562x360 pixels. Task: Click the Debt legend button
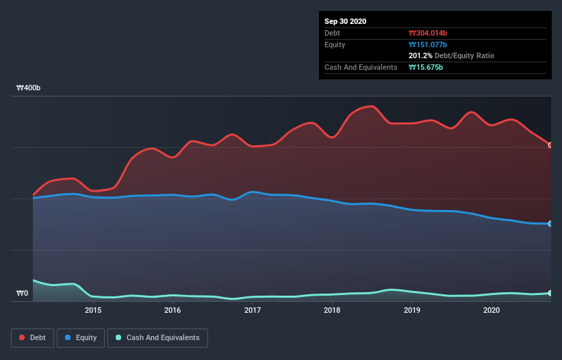pyautogui.click(x=31, y=337)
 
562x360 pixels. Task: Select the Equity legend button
pyautogui.click(x=81, y=337)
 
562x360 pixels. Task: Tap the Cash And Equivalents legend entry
pyautogui.click(x=157, y=337)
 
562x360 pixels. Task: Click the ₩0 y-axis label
pyautogui.click(x=23, y=294)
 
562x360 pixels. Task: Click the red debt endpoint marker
pyautogui.click(x=550, y=145)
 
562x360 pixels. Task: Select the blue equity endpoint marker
pyautogui.click(x=550, y=224)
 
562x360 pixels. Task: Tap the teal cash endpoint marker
pyautogui.click(x=550, y=293)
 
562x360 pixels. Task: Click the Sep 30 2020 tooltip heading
pyautogui.click(x=346, y=21)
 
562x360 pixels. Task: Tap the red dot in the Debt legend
pyautogui.click(x=23, y=337)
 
